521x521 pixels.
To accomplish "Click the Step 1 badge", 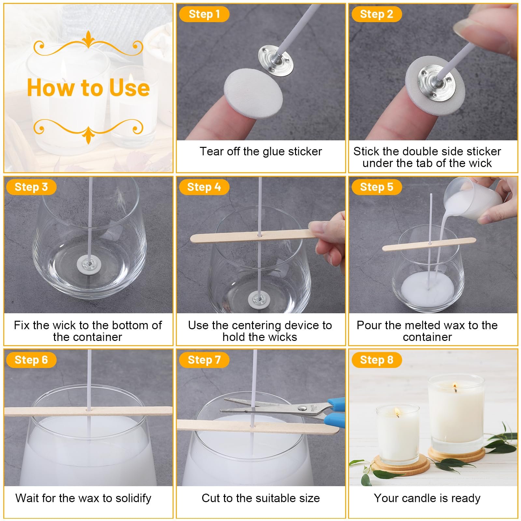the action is pos(204,14).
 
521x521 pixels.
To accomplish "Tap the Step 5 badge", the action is pos(376,187).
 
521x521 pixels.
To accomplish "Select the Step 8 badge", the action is pos(376,360).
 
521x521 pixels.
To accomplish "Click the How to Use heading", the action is pos(88,88).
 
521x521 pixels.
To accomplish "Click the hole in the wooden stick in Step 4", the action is pos(260,234).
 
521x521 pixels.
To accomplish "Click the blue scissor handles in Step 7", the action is pos(334,412).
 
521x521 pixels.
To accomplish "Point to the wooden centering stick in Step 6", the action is pos(88,411).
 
